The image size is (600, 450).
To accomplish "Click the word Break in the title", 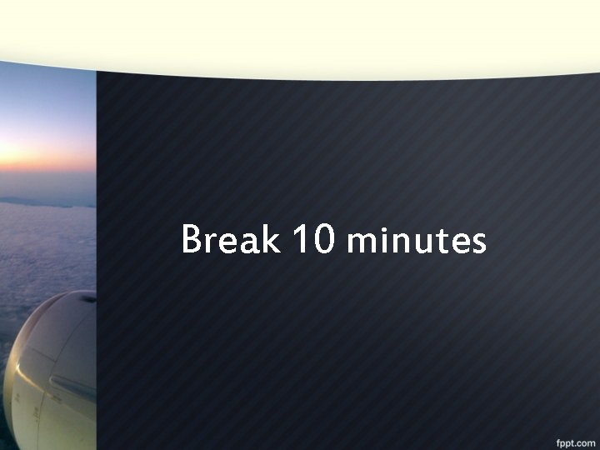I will pyautogui.click(x=231, y=240).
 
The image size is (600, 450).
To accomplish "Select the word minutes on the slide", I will pyautogui.click(x=416, y=241).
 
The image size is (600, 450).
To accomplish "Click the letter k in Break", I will pyautogui.click(x=271, y=240).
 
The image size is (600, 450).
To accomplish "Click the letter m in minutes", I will pyautogui.click(x=362, y=242).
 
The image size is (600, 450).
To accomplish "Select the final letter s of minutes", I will pyautogui.click(x=478, y=242).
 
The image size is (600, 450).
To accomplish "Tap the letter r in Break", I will pyautogui.click(x=212, y=242).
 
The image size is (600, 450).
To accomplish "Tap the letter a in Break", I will pyautogui.click(x=250, y=242).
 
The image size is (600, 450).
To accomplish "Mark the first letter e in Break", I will pyautogui.click(x=230, y=242).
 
